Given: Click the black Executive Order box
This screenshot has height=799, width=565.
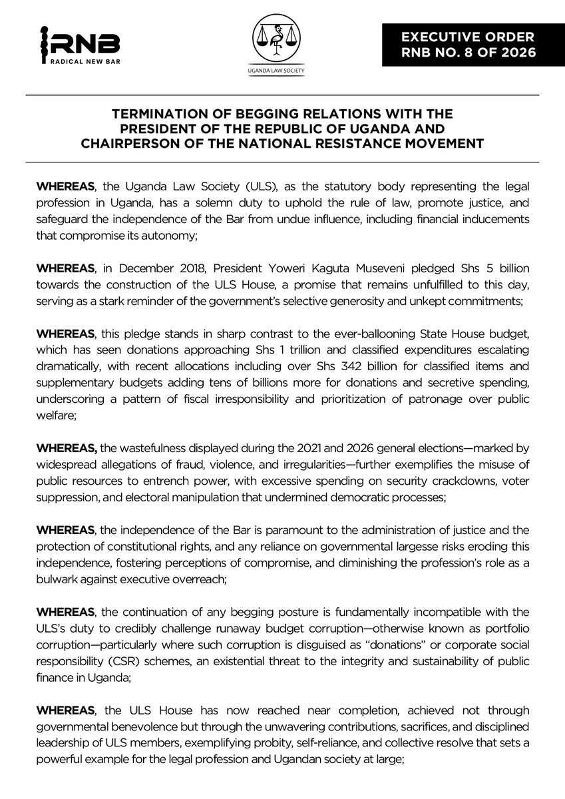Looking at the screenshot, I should (x=472, y=43).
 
